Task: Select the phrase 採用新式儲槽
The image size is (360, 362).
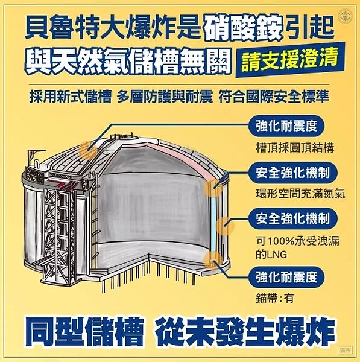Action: click(x=65, y=96)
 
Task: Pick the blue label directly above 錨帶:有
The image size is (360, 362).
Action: click(x=286, y=278)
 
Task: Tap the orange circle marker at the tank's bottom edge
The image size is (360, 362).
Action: click(x=212, y=261)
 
